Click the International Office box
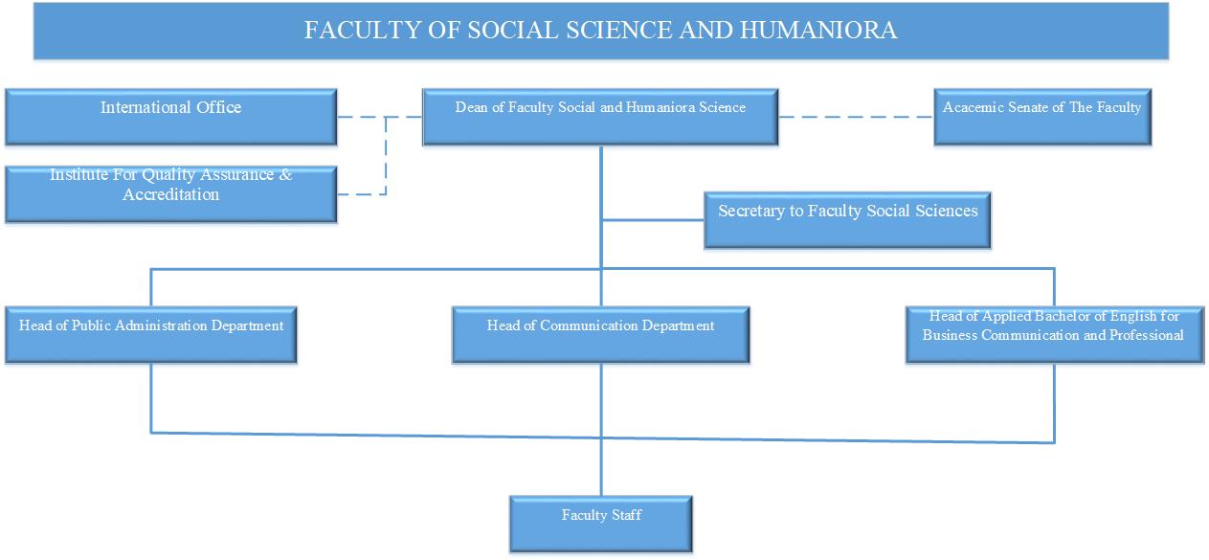[171, 117]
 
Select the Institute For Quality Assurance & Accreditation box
[171, 194]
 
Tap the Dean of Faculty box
[600, 117]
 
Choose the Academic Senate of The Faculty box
[1042, 117]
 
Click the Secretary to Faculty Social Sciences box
[847, 220]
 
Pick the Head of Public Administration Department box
[151, 335]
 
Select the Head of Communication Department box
[601, 335]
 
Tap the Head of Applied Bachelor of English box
[1055, 335]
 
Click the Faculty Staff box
[601, 524]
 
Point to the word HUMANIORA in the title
[818, 30]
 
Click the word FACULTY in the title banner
[362, 30]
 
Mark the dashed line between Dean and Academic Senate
[856, 117]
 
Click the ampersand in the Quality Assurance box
[285, 174]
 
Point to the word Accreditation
[171, 194]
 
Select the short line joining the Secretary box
[653, 220]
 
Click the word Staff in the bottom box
[627, 515]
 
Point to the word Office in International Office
[218, 107]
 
